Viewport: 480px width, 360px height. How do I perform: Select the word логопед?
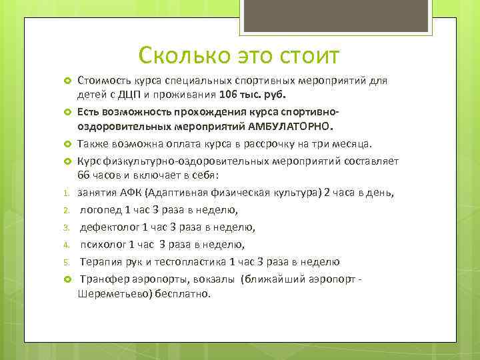101,210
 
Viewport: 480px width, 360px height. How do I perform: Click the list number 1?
67,194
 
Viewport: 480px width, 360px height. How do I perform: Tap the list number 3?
67,227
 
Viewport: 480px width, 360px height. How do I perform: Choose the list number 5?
67,261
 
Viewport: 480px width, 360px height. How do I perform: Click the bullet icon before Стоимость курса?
67,81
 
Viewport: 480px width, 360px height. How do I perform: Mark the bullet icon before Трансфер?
67,278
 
